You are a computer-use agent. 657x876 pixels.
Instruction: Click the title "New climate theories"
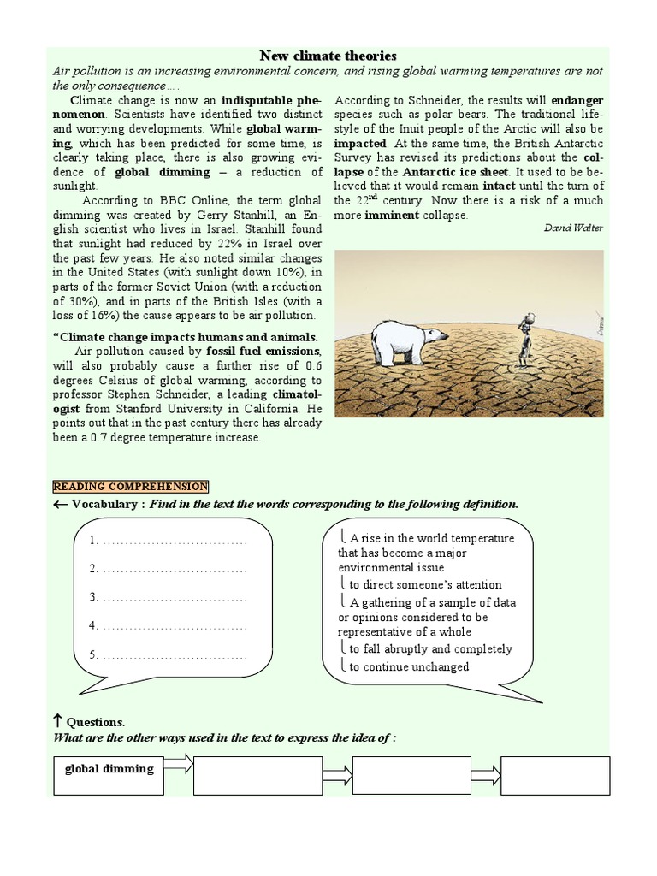pos(328,56)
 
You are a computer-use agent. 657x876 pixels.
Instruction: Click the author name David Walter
pos(573,228)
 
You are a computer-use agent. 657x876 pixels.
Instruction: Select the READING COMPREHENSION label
pos(130,487)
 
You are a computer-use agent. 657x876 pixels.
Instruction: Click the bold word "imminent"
pos(392,215)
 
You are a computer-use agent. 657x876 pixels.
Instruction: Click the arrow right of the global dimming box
pos(178,764)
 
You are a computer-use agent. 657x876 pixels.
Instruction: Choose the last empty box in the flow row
pos(555,776)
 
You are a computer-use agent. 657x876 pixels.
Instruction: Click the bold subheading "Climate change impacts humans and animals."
pos(189,337)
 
